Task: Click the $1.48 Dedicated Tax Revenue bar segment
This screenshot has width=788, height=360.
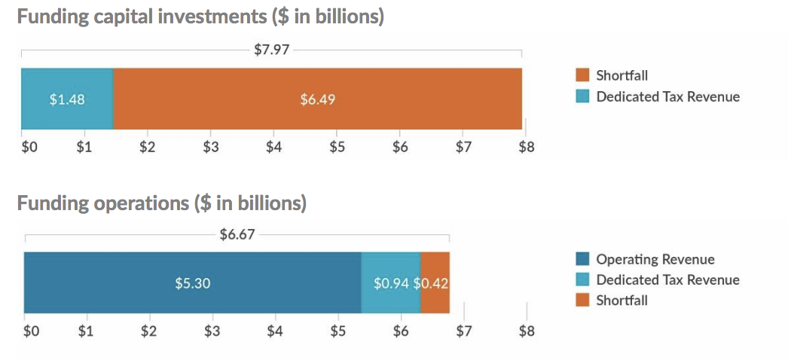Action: (67, 99)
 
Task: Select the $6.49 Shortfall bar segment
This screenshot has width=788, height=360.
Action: (317, 99)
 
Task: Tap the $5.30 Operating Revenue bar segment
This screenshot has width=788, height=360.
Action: (192, 282)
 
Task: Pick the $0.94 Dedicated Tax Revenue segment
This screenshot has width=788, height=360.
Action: (391, 282)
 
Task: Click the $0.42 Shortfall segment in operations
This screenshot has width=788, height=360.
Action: (435, 282)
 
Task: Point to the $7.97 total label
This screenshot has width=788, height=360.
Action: (272, 51)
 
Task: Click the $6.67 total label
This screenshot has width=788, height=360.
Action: (237, 234)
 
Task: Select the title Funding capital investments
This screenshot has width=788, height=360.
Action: (200, 17)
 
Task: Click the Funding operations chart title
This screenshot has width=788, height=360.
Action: (161, 203)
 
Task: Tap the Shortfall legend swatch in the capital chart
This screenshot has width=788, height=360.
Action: (582, 75)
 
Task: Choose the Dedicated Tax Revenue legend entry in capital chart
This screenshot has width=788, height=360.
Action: (667, 96)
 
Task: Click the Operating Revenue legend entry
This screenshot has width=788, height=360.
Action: (655, 259)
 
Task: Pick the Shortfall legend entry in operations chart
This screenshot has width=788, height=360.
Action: (622, 301)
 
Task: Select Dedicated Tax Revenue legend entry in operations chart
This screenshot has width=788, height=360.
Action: (667, 280)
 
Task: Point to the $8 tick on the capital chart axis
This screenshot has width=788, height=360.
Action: (526, 147)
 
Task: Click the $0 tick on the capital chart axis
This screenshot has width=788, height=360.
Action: (29, 147)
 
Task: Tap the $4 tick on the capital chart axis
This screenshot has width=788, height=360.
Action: (273, 147)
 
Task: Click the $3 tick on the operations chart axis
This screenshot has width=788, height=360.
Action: (212, 331)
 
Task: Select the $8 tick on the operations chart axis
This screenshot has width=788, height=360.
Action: (526, 331)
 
